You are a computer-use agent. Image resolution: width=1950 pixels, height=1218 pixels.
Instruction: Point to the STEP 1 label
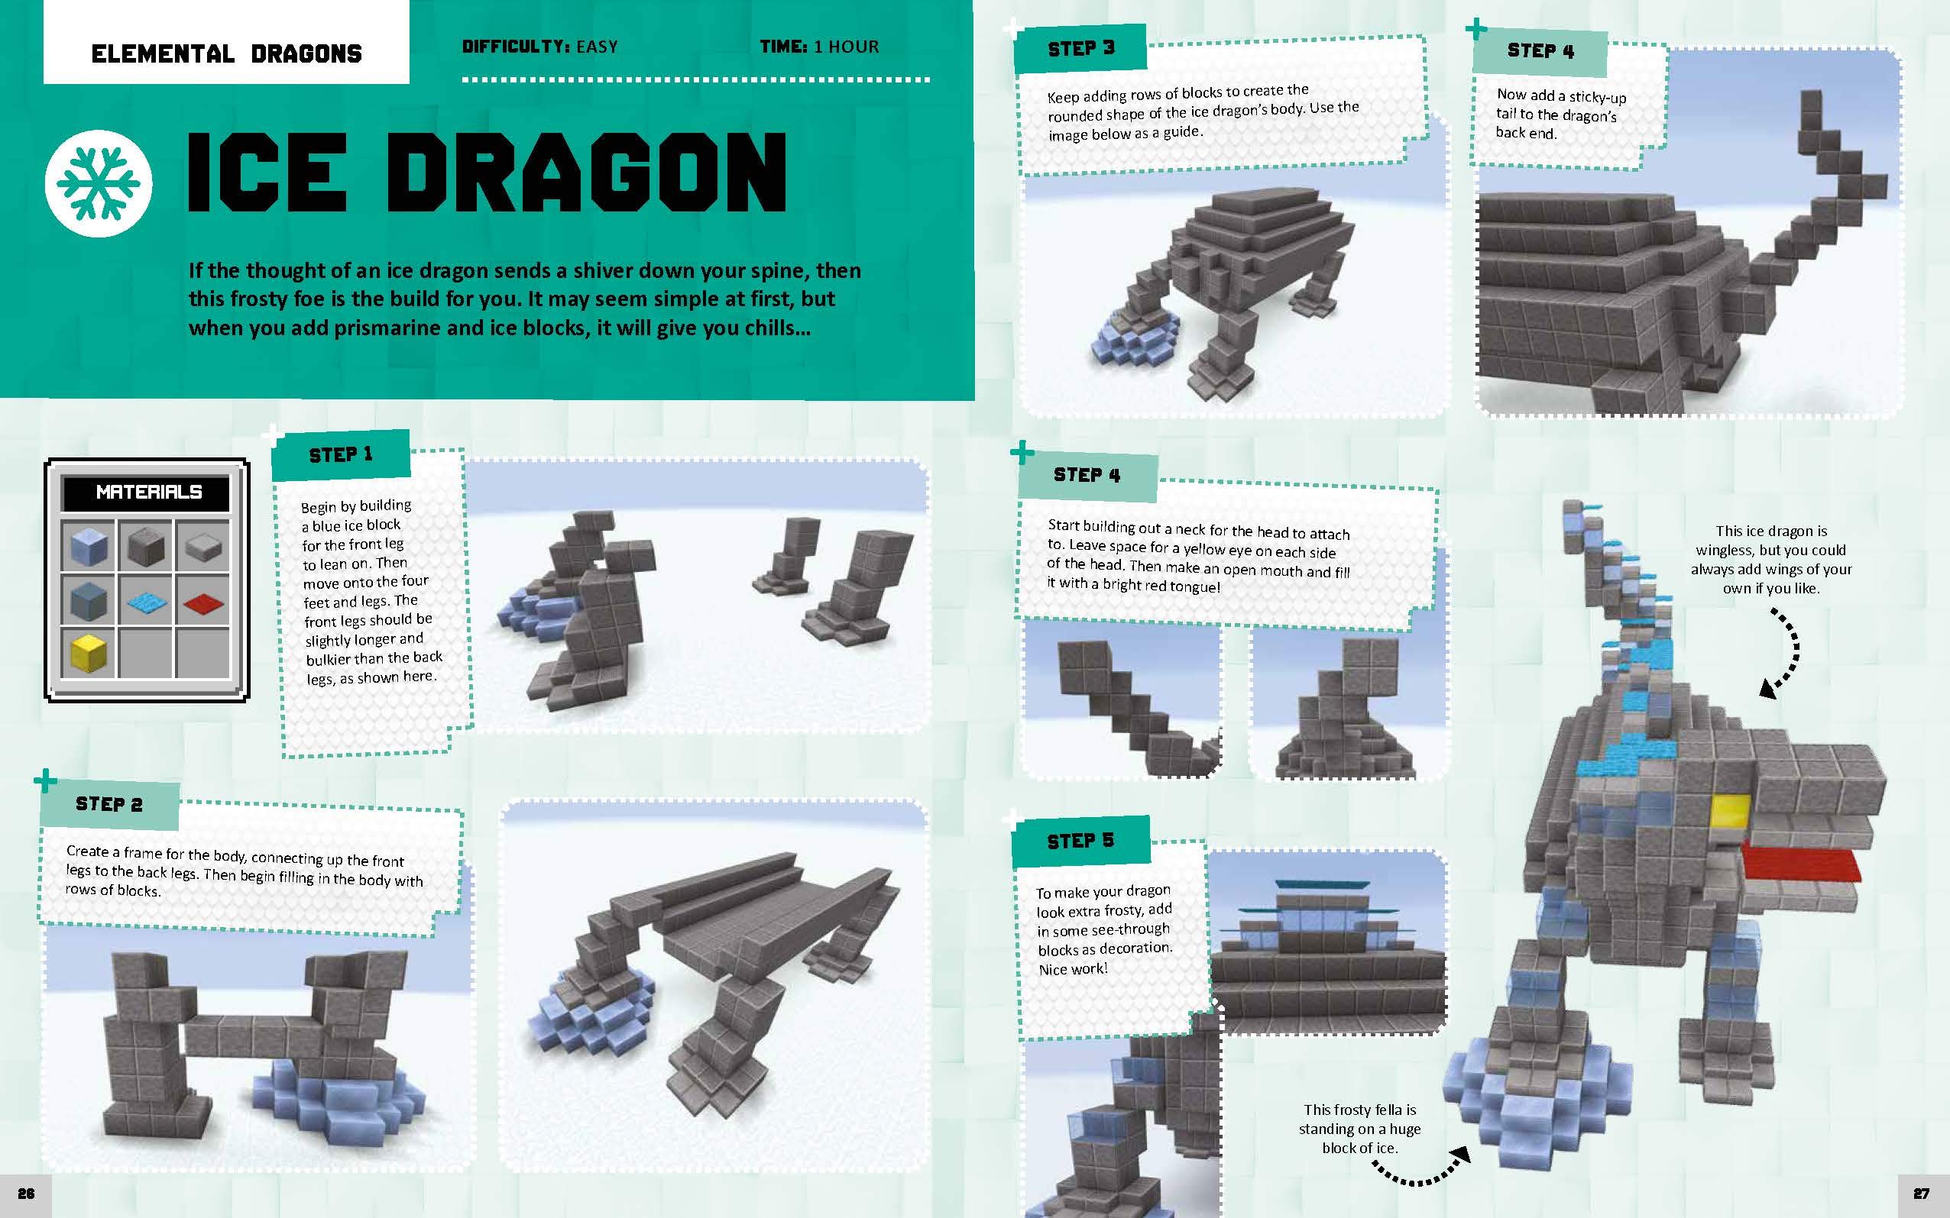340,455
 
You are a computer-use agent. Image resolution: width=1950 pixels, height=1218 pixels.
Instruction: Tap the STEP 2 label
109,804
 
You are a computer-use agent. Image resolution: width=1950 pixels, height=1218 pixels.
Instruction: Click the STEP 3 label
1080,48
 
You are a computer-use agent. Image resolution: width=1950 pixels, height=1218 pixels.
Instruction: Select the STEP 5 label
1080,841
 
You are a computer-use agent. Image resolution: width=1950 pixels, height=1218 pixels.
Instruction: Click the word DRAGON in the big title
591,173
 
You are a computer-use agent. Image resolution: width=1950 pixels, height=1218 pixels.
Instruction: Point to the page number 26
26,1194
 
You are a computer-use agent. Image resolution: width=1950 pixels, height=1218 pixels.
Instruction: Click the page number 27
1922,1194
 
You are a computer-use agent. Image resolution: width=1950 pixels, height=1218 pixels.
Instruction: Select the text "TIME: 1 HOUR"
819,47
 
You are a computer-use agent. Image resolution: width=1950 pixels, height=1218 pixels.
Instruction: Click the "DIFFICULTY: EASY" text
540,47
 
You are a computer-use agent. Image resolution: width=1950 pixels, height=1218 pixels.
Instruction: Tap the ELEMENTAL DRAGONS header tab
226,54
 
